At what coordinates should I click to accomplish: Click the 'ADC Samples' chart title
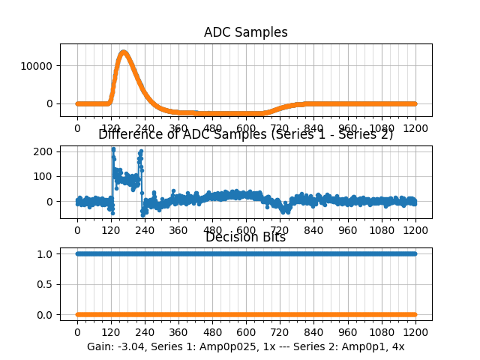[246, 32]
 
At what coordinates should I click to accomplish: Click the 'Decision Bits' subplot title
[246, 238]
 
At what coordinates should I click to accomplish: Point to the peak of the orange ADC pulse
[124, 52]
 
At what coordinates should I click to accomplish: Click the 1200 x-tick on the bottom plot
[415, 332]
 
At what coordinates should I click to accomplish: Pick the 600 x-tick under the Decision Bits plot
[246, 332]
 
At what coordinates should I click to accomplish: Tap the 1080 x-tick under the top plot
[382, 128]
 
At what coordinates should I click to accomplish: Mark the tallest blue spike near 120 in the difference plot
[113, 149]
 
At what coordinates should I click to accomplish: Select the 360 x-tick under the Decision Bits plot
[178, 332]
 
